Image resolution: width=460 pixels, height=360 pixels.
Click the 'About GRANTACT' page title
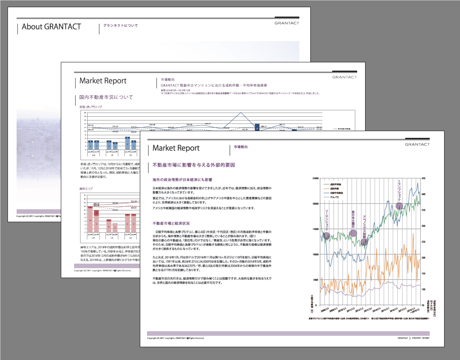[51, 27]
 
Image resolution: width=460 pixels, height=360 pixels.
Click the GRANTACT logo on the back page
[287, 23]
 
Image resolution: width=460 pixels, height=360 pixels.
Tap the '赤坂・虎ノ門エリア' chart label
[88, 107]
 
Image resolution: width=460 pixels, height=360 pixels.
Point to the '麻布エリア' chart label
[84, 188]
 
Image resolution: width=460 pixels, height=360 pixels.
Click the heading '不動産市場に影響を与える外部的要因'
[194, 165]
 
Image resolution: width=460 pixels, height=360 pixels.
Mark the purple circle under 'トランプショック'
[399, 206]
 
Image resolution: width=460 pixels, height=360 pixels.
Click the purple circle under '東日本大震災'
[353, 233]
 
